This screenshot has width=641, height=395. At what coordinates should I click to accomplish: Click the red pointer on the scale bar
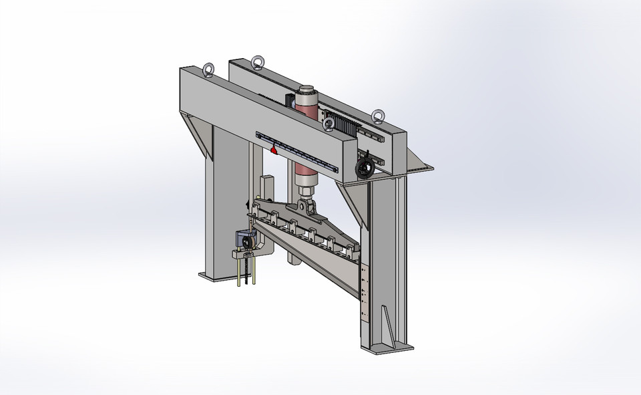click(274, 150)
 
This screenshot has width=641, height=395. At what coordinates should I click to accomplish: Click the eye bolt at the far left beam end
click(209, 70)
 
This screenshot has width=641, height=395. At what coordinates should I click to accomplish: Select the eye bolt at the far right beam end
click(379, 117)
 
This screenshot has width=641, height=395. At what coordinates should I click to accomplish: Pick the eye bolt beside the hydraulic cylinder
click(329, 124)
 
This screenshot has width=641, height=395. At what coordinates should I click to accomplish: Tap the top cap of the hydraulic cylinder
click(306, 89)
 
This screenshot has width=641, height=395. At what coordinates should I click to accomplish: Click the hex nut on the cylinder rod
click(306, 192)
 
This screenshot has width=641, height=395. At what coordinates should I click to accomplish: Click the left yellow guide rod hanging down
click(238, 270)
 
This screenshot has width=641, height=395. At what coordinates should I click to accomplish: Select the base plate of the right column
click(387, 348)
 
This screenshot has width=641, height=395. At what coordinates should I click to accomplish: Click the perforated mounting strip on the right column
click(364, 294)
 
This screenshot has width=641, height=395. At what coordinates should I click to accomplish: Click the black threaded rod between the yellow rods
click(247, 271)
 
